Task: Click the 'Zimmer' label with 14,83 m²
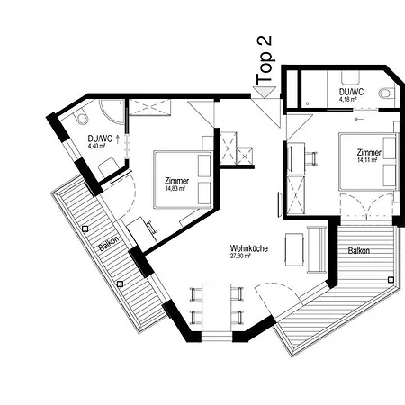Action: [177, 181]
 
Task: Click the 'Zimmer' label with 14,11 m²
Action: [369, 154]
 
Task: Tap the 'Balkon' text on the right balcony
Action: [357, 251]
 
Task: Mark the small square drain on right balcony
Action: [390, 281]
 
